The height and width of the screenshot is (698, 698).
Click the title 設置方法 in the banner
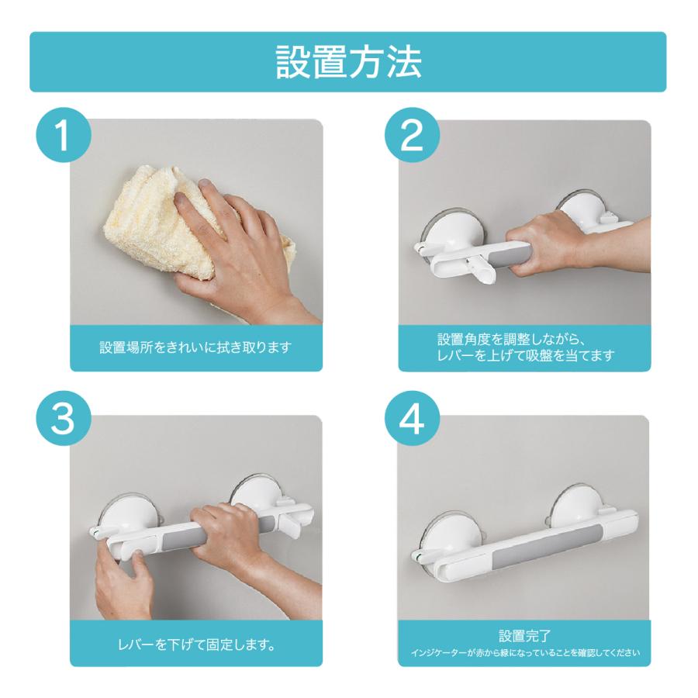click(348, 62)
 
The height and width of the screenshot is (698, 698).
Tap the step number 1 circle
click(64, 134)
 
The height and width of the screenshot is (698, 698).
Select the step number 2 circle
click(413, 134)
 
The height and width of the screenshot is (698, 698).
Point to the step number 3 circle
click(64, 419)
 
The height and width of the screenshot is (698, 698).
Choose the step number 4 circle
click(413, 419)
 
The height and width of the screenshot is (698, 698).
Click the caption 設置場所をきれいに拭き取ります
click(195, 347)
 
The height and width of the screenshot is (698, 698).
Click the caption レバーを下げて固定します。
click(196, 644)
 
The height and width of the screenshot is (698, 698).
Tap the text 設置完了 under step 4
click(525, 636)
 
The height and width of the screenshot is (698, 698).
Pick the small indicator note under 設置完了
click(525, 653)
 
